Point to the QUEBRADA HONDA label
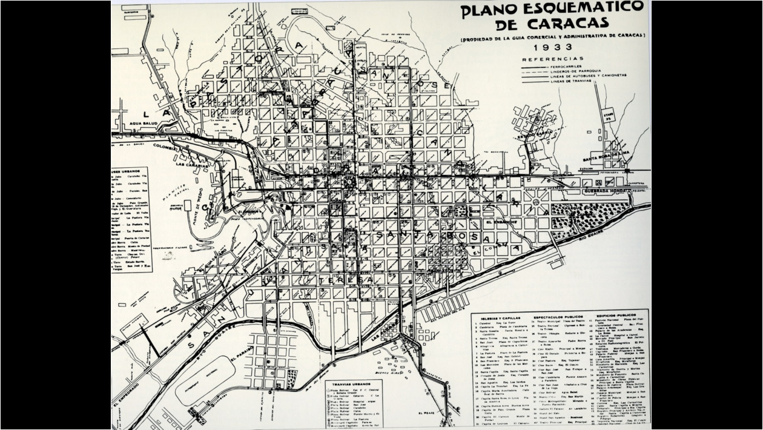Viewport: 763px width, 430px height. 606,191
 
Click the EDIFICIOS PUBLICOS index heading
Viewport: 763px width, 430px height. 616,316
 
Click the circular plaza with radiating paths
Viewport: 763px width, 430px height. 536,203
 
